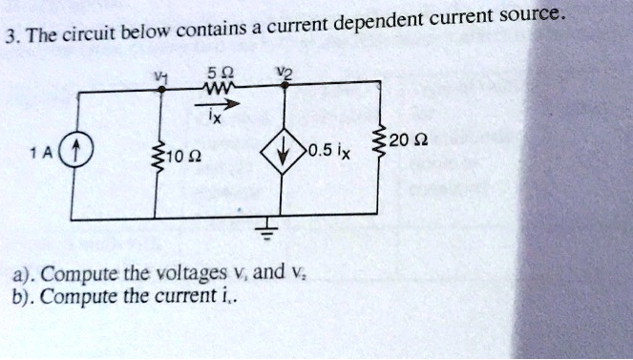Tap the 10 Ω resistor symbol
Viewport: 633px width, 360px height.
coord(158,154)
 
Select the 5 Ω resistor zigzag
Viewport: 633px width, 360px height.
coord(225,89)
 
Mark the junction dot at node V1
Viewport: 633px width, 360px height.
coord(159,89)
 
